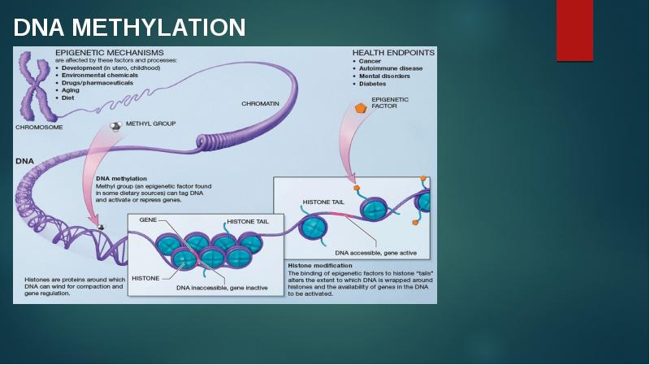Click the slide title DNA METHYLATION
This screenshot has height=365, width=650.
(x=130, y=28)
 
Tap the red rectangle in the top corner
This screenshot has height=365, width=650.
(x=574, y=31)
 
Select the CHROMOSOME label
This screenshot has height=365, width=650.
(x=39, y=127)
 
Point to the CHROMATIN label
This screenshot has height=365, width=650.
(x=260, y=103)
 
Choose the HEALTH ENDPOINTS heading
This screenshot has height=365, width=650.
(x=393, y=52)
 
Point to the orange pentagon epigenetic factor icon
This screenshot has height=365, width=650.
(x=361, y=107)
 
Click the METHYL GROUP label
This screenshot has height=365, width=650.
(x=150, y=124)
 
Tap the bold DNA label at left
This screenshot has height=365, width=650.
(x=24, y=161)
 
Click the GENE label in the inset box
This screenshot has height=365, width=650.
(x=148, y=220)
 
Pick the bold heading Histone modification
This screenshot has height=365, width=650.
(x=320, y=265)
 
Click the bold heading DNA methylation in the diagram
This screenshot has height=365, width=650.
(x=121, y=178)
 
